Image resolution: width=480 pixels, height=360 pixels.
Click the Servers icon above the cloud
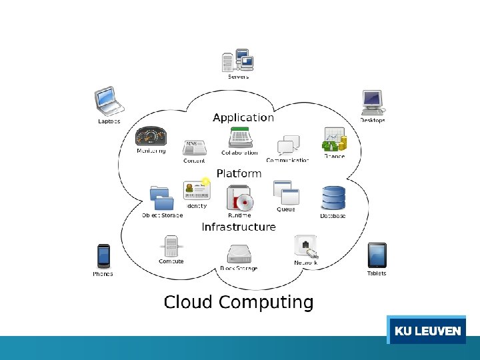click(x=238, y=61)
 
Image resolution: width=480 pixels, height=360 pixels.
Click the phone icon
click(x=103, y=256)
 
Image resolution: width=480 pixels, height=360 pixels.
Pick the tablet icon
click(x=377, y=255)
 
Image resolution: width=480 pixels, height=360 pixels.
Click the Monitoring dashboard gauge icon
click(x=151, y=136)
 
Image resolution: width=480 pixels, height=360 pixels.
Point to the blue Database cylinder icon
click(x=333, y=199)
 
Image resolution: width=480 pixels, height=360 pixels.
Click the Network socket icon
click(x=306, y=246)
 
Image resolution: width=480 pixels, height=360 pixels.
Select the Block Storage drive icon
click(x=238, y=254)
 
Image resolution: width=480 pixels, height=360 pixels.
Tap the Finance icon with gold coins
click(x=335, y=140)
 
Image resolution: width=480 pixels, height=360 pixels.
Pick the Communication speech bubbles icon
click(x=288, y=145)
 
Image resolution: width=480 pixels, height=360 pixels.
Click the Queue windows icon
click(x=285, y=193)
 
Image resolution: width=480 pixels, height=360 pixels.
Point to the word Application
click(x=243, y=117)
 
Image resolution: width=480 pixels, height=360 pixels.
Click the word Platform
click(x=239, y=173)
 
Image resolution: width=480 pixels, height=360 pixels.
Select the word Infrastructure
click(x=239, y=227)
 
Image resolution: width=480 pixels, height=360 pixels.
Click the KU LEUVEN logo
click(x=427, y=331)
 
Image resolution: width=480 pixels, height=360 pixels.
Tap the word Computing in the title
click(x=265, y=302)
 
